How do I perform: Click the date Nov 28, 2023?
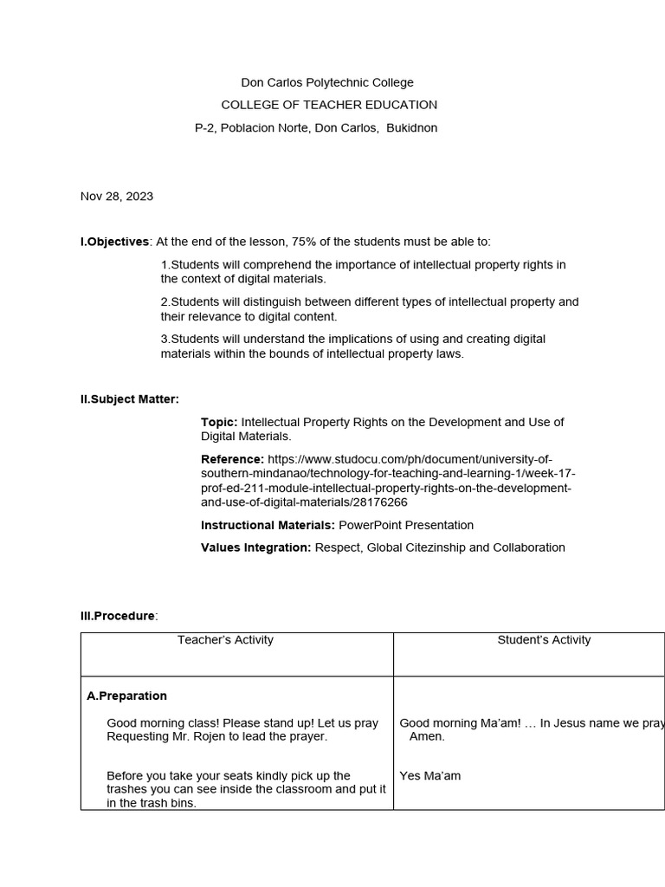tap(117, 197)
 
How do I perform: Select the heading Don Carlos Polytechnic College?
tap(326, 83)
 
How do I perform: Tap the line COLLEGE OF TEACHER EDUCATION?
tap(329, 105)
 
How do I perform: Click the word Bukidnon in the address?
tap(411, 128)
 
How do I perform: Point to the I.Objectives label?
tap(115, 242)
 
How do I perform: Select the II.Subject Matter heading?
tap(130, 399)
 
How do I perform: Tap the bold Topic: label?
tap(219, 422)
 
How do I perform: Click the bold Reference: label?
tap(232, 459)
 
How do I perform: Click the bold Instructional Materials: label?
tap(268, 525)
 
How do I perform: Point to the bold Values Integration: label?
tap(255, 547)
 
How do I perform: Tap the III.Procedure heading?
tap(119, 616)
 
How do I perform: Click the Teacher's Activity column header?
tap(225, 640)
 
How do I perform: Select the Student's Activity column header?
tap(544, 640)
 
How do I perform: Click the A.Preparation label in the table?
tap(127, 696)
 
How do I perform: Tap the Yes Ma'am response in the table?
tap(430, 776)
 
